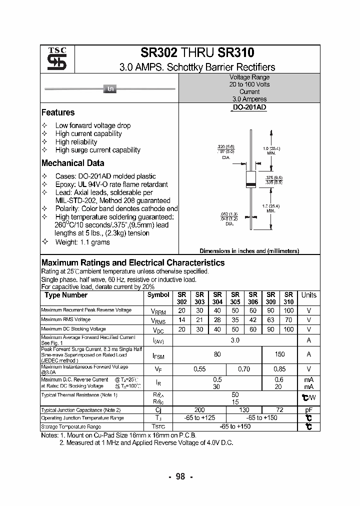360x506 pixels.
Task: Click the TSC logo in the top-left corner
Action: [x=53, y=59]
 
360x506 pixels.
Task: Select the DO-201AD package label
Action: [x=249, y=108]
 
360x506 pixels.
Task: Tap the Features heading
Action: [x=58, y=112]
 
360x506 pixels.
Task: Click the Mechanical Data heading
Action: [x=73, y=163]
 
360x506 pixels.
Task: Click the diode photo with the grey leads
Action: [x=109, y=89]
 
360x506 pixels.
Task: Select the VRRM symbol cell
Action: [x=158, y=310]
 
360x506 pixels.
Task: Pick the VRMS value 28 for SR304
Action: [x=217, y=319]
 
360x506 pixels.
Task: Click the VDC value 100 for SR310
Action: [x=288, y=329]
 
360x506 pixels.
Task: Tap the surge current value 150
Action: [x=279, y=354]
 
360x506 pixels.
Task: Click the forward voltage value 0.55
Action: [x=199, y=369]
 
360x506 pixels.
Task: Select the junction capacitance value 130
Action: [x=243, y=410]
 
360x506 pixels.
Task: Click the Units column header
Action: [x=308, y=295]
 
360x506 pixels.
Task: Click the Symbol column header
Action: [x=158, y=295]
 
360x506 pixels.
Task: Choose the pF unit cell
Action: [x=308, y=410]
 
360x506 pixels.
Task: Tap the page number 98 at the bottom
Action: [x=180, y=476]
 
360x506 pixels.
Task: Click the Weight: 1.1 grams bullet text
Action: [x=82, y=242]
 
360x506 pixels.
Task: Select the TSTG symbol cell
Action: [x=158, y=426]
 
